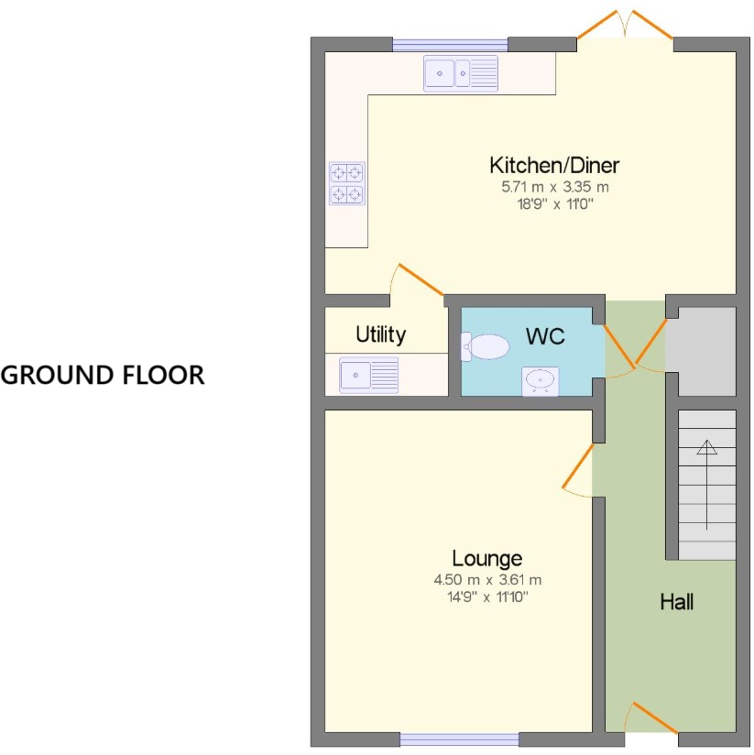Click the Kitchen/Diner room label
coord(554,166)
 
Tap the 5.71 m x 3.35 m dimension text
coord(554,187)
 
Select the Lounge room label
coord(487,558)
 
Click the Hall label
coord(677,602)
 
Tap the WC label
coord(544,336)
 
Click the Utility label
coord(380,334)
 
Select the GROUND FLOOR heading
coord(103,375)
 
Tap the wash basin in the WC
coord(541,380)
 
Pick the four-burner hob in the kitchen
coord(347,183)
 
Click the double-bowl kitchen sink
coord(460,72)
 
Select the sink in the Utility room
coord(369,375)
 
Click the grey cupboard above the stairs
coord(701,351)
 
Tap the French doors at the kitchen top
coord(625,26)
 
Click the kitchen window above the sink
coord(450,44)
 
